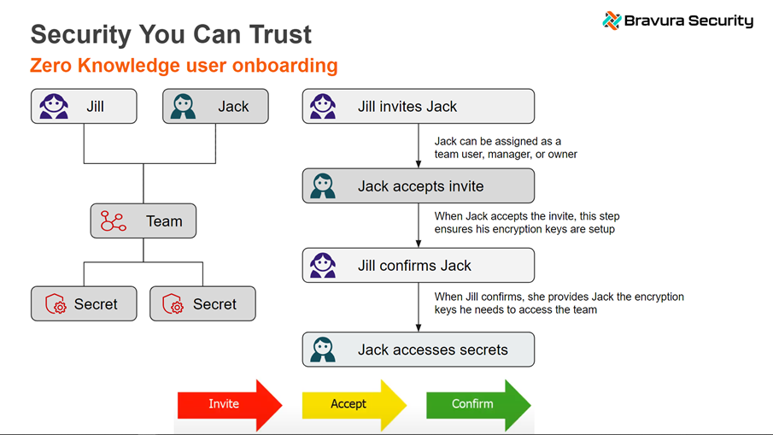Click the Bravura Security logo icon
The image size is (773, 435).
tap(611, 21)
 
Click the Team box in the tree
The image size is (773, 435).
tap(143, 221)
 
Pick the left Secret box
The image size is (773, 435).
tap(84, 304)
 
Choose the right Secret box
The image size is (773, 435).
tap(202, 304)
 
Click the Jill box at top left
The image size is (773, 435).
tap(84, 106)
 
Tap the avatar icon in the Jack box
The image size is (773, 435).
tap(183, 106)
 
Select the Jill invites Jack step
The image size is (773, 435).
tap(418, 106)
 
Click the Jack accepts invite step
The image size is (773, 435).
tap(418, 186)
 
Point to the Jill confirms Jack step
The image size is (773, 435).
tap(418, 266)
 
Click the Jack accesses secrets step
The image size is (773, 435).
tap(418, 350)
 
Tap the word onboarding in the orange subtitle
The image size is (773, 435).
tap(288, 66)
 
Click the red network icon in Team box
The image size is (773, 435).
tap(113, 221)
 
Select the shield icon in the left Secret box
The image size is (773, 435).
tap(56, 304)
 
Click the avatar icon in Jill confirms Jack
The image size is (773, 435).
tap(323, 266)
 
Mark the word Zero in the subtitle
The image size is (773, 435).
tap(50, 66)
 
